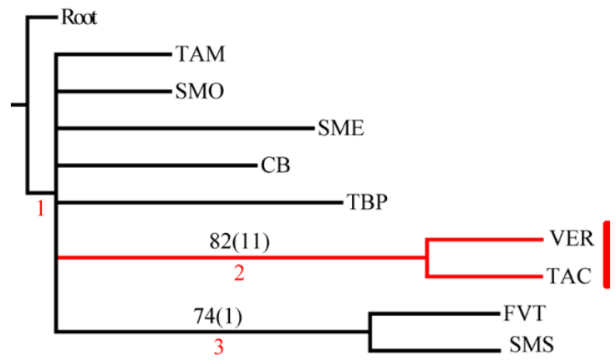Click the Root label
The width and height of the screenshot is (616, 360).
click(x=79, y=17)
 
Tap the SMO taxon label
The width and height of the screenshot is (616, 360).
click(x=199, y=91)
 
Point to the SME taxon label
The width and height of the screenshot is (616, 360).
click(x=341, y=128)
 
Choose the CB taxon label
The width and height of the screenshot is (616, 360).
click(x=275, y=165)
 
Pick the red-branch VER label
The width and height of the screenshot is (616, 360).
click(x=572, y=239)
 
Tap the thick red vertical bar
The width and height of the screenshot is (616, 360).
click(x=605, y=255)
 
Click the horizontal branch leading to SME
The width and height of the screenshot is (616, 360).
click(x=184, y=129)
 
